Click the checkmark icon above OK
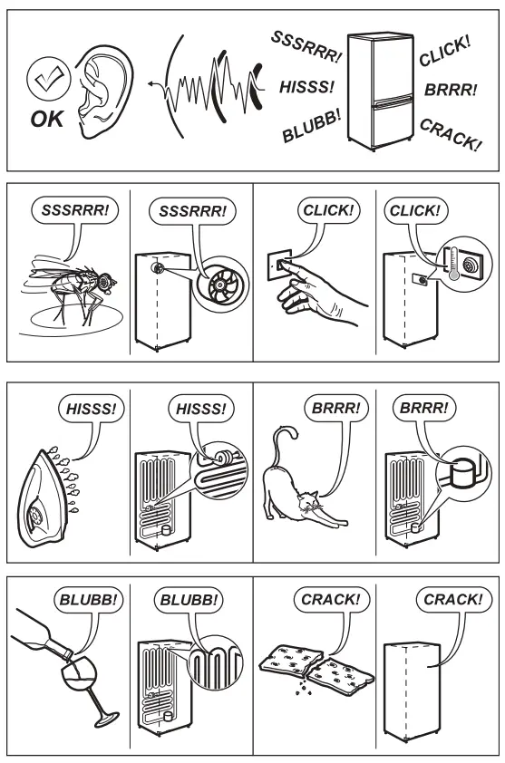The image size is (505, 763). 44,84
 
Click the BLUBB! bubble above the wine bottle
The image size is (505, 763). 83,598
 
